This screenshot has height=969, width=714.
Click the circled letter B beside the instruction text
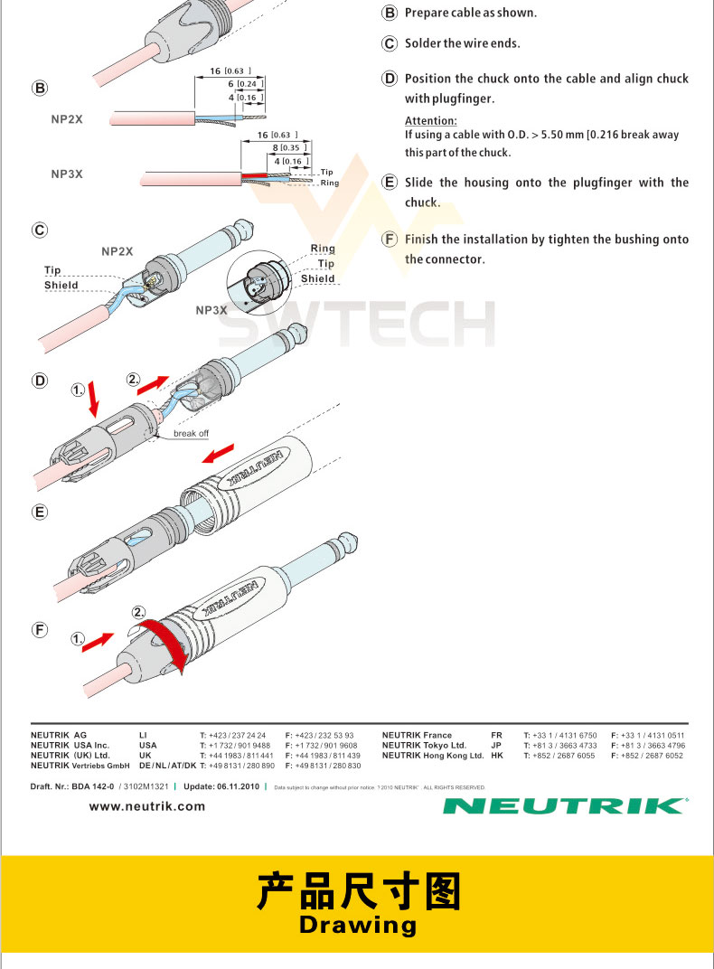pyautogui.click(x=390, y=14)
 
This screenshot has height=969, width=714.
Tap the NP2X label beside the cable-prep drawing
pyautogui.click(x=66, y=118)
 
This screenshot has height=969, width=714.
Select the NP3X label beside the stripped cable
pyautogui.click(x=66, y=174)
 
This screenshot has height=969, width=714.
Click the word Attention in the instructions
pyautogui.click(x=430, y=121)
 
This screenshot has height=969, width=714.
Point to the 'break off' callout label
pyautogui.click(x=191, y=434)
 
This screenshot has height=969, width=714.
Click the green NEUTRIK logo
pyautogui.click(x=565, y=805)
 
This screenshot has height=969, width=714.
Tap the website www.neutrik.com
pyautogui.click(x=147, y=806)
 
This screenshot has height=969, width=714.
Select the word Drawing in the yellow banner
pyautogui.click(x=357, y=925)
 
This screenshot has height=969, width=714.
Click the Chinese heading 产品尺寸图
pyautogui.click(x=357, y=890)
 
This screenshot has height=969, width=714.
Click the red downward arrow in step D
pyautogui.click(x=93, y=404)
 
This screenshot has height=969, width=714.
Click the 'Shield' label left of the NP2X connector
pyautogui.click(x=61, y=286)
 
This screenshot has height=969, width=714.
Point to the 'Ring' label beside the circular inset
pyautogui.click(x=323, y=249)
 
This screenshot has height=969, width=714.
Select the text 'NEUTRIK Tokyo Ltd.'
pyautogui.click(x=424, y=746)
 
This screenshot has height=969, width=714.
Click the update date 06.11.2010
pyautogui.click(x=238, y=786)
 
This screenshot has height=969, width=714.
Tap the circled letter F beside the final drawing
pyautogui.click(x=40, y=630)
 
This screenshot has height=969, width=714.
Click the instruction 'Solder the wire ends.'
pyautogui.click(x=462, y=43)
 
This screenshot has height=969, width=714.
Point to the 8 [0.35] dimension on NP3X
pyautogui.click(x=289, y=147)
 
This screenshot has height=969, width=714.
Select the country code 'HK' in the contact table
pyautogui.click(x=496, y=756)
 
